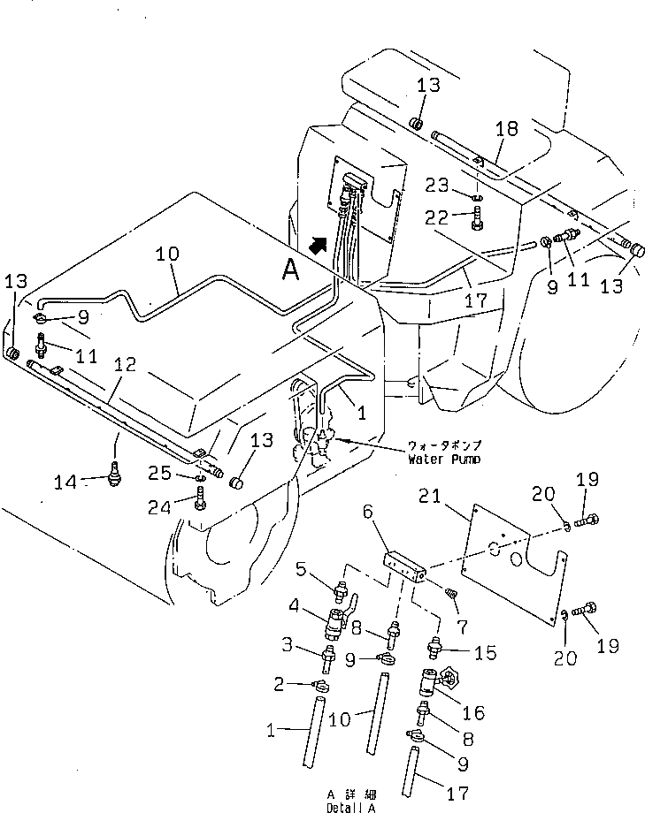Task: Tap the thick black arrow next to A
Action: pos(317,239)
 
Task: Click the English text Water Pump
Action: pos(443,460)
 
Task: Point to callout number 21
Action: pos(454,499)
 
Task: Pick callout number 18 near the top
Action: pos(506,129)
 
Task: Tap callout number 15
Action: pos(486,653)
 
